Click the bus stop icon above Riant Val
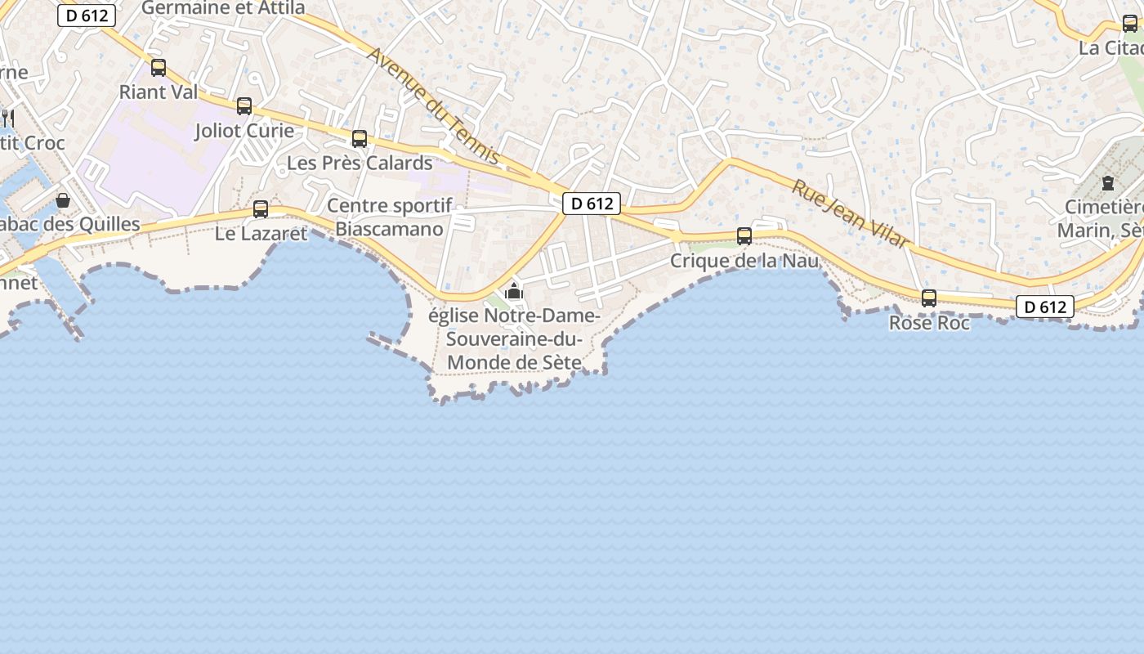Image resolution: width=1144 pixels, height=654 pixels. pyautogui.click(x=159, y=67)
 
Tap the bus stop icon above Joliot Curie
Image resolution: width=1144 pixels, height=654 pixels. pyautogui.click(x=244, y=105)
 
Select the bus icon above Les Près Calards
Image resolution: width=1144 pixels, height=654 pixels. pyautogui.click(x=360, y=138)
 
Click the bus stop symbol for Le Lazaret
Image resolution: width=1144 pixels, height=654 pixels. pyautogui.click(x=261, y=208)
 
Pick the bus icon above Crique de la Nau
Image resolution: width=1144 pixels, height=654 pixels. pyautogui.click(x=744, y=235)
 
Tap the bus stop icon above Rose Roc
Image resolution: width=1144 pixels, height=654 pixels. pyautogui.click(x=929, y=298)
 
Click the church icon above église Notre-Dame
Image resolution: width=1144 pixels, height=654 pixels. pyautogui.click(x=513, y=290)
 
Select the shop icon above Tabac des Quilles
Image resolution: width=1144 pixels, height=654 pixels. pyautogui.click(x=63, y=199)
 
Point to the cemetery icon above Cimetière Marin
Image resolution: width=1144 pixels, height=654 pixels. pyautogui.click(x=1108, y=182)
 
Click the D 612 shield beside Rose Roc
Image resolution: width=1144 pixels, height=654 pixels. pyautogui.click(x=1045, y=307)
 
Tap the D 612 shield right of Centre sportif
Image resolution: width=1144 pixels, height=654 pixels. pyautogui.click(x=592, y=204)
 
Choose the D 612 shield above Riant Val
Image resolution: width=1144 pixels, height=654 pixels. pyautogui.click(x=87, y=16)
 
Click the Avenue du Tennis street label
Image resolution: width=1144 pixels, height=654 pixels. pyautogui.click(x=433, y=105)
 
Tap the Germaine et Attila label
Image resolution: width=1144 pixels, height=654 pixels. pyautogui.click(x=223, y=8)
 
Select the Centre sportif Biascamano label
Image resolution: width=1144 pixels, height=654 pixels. pyautogui.click(x=389, y=217)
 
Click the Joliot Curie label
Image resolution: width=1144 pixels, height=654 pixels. pyautogui.click(x=244, y=131)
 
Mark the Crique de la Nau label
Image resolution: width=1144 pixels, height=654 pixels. pyautogui.click(x=744, y=261)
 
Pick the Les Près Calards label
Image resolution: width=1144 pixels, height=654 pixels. pyautogui.click(x=360, y=163)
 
